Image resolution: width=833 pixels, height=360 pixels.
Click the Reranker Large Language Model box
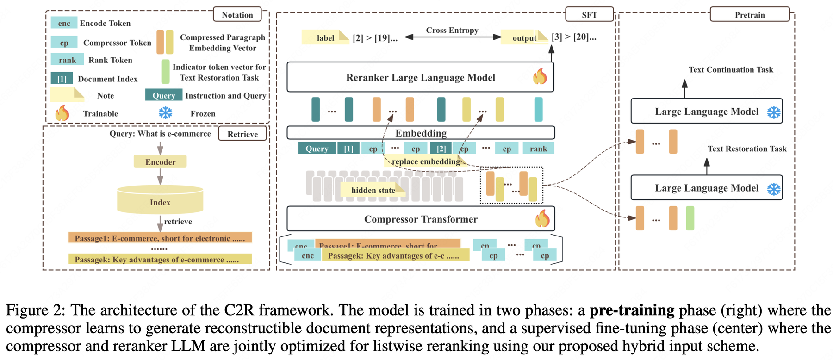point(420,77)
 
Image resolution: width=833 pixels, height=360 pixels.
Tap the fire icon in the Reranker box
point(540,77)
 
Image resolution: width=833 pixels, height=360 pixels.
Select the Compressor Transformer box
point(420,219)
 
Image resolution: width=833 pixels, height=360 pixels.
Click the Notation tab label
point(237,15)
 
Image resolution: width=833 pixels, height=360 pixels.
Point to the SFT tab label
point(589,15)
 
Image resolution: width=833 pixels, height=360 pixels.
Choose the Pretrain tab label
point(750,15)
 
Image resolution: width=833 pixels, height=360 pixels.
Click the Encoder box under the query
point(160,162)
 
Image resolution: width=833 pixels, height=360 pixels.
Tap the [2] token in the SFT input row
point(441,149)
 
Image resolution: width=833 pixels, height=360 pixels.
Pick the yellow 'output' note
point(524,37)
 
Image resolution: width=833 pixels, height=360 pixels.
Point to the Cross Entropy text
point(452,30)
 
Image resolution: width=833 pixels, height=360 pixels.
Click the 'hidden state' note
point(373,190)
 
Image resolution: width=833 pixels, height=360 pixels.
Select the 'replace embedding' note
point(425,161)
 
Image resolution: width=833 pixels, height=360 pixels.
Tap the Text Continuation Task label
point(731,69)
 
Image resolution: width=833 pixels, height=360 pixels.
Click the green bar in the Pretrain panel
point(690,218)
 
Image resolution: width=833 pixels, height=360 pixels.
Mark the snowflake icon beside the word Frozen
point(166,113)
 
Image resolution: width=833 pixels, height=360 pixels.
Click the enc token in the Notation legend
point(64,23)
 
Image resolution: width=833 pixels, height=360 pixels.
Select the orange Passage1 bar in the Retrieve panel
point(160,238)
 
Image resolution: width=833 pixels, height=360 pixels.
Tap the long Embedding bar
point(420,133)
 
